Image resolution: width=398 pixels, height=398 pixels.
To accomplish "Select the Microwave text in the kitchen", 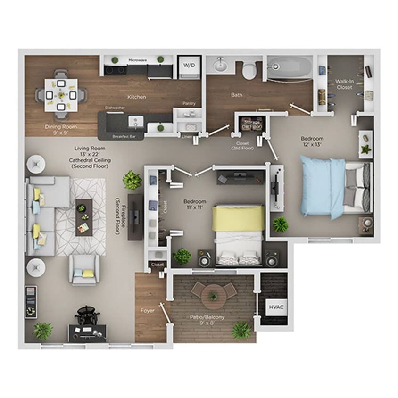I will coord(138,60).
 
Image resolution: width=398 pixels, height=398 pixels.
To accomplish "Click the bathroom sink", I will coord(221,65).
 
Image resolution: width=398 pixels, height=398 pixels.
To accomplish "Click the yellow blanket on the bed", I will coord(238,218).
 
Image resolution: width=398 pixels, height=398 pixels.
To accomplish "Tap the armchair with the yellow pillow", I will coord(84,269).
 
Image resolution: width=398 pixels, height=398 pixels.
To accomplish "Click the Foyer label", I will coord(148,311).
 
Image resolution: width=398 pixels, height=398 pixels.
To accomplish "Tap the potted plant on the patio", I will coord(241,330).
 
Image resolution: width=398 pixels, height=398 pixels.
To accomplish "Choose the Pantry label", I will coord(189,104).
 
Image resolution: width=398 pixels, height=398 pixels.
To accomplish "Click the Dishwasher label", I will coord(115,108).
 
